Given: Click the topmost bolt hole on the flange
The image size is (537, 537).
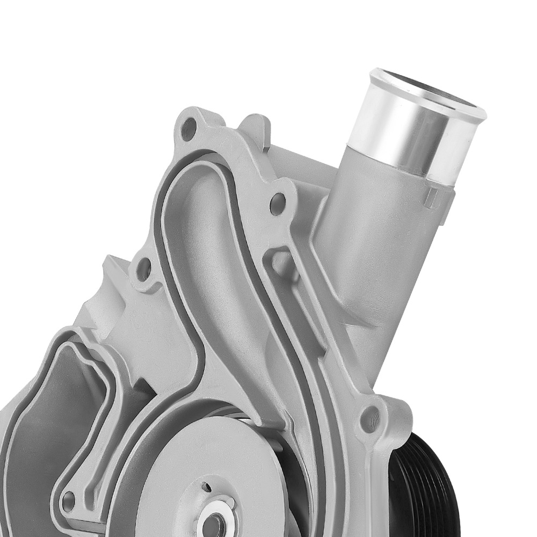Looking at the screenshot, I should click(x=188, y=129).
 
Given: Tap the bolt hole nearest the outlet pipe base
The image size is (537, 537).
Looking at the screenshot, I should click(x=278, y=203).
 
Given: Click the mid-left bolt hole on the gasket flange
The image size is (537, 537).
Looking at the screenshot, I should click(x=144, y=268).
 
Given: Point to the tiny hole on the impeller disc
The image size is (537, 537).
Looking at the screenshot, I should click(x=206, y=488).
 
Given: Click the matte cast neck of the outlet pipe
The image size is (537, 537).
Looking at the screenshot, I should click(x=365, y=242).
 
